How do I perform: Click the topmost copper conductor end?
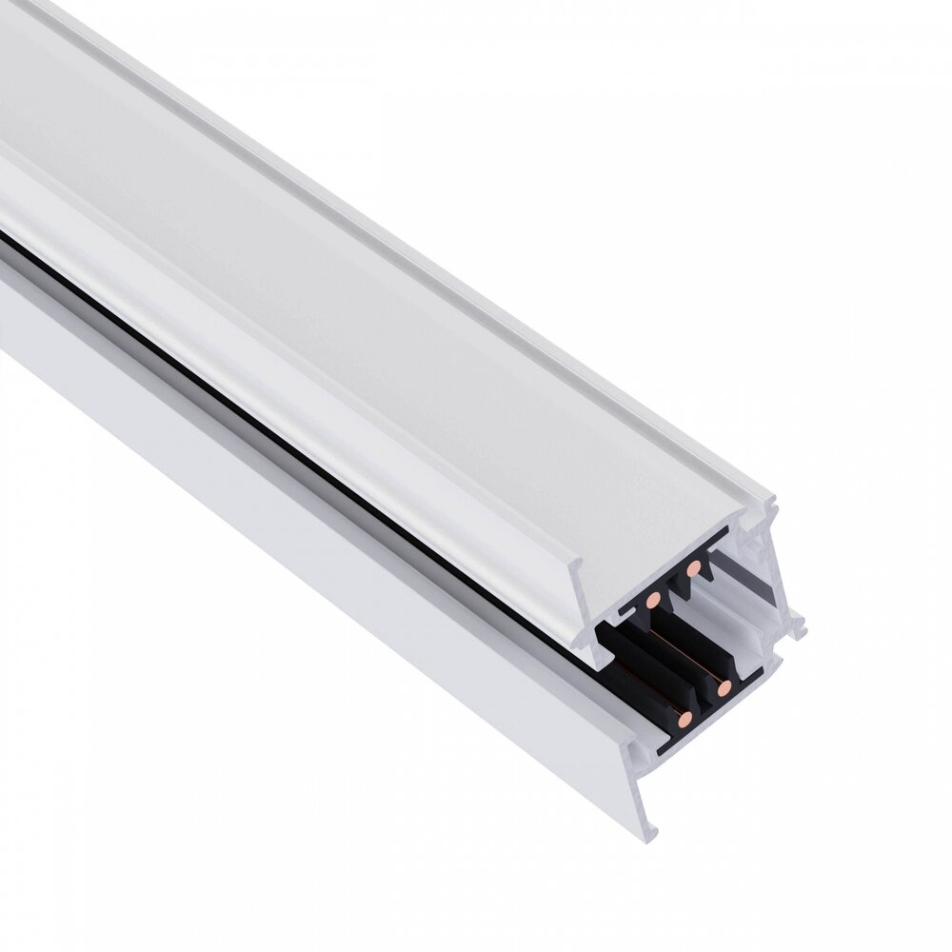click(695, 567)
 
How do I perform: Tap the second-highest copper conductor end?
click(652, 600)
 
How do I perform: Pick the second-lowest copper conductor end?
click(724, 685)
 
